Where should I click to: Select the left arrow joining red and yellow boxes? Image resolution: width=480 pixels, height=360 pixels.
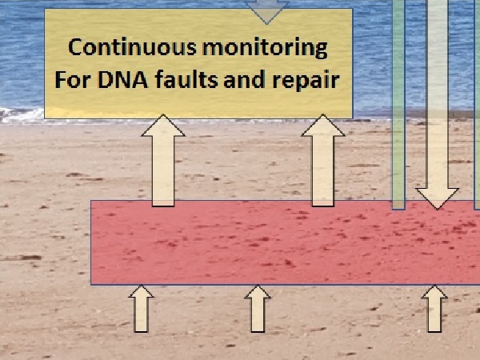click(162, 160)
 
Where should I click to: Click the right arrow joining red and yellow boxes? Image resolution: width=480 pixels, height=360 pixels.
click(322, 160)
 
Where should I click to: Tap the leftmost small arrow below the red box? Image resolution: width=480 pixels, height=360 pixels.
click(142, 310)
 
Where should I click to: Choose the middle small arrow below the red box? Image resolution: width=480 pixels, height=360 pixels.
click(258, 310)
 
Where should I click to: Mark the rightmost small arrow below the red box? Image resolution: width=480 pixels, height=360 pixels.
click(434, 310)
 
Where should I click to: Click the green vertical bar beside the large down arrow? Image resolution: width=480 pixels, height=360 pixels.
click(398, 120)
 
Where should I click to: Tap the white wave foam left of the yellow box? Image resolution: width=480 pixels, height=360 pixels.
click(20, 114)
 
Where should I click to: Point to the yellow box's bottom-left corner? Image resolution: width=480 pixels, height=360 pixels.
click(45, 118)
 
